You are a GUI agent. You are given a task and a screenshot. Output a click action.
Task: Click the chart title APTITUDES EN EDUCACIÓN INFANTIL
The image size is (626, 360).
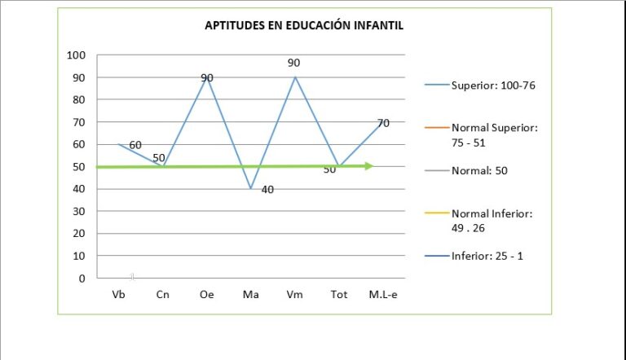click(x=303, y=25)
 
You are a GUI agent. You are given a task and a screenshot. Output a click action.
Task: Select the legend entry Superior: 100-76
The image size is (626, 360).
click(x=492, y=85)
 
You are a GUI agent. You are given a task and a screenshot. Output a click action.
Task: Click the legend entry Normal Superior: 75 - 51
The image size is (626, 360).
click(x=494, y=134)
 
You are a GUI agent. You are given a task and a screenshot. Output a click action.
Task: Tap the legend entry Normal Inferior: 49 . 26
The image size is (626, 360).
click(x=491, y=220)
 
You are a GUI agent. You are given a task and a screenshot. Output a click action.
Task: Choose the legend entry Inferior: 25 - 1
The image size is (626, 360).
click(x=486, y=256)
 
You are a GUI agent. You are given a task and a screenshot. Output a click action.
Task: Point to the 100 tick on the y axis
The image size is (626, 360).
click(x=76, y=55)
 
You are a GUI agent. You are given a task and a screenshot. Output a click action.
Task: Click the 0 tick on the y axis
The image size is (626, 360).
click(x=82, y=279)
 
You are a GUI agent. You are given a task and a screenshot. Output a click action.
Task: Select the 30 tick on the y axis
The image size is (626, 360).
click(x=79, y=212)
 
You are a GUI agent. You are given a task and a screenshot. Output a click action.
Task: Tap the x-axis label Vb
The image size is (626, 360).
click(x=118, y=295)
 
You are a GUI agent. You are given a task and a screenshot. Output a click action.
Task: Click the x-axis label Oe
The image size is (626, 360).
click(x=206, y=295)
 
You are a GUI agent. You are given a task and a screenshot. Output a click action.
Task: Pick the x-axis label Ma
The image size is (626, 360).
click(x=250, y=295)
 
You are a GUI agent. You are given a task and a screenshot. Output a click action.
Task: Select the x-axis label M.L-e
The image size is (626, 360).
click(x=382, y=295)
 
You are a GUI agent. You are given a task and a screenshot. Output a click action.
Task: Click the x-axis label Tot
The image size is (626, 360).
click(x=338, y=295)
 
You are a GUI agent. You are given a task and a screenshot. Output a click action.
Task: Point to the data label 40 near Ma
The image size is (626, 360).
click(x=268, y=190)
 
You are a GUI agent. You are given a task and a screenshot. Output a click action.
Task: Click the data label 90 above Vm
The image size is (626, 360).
click(x=293, y=63)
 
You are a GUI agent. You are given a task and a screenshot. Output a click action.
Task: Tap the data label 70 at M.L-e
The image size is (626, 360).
click(x=383, y=123)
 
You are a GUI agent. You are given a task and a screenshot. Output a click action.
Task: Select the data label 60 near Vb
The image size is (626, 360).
click(x=135, y=145)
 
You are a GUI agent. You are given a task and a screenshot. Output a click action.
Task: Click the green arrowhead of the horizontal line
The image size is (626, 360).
click(x=369, y=166)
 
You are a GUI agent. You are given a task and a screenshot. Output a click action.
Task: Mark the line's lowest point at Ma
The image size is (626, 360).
click(x=251, y=189)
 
